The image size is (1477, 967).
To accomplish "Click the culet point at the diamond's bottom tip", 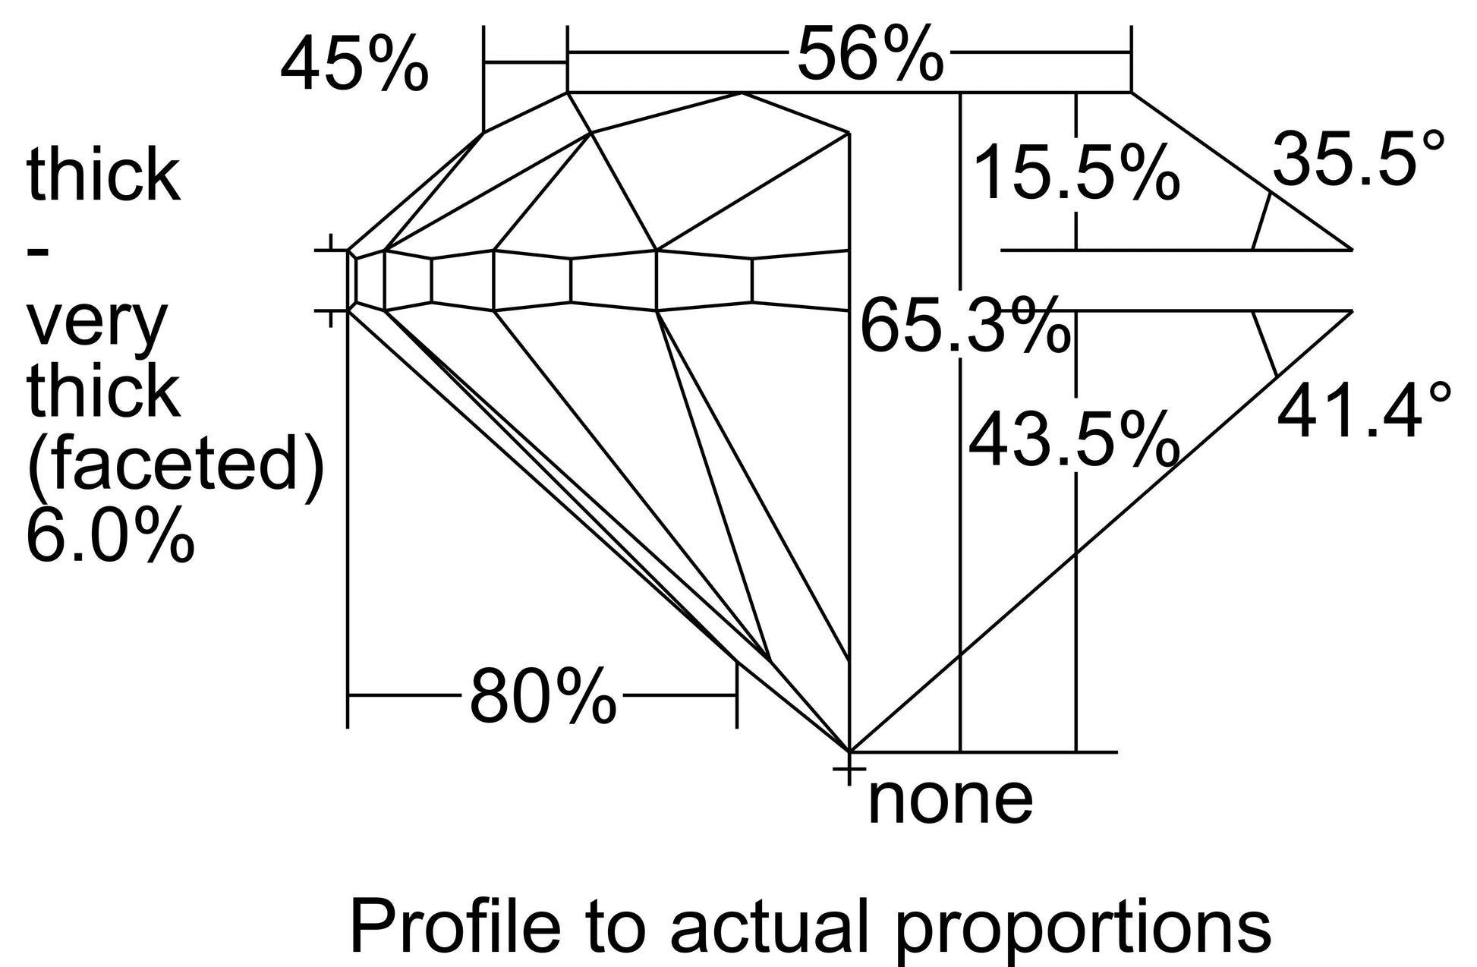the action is click(x=848, y=751).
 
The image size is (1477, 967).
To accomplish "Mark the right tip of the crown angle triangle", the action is click(x=1352, y=249).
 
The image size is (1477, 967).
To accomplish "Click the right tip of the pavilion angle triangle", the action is click(x=1352, y=310).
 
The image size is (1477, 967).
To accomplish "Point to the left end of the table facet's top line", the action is click(x=567, y=93).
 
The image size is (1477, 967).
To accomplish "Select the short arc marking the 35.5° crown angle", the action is click(x=1261, y=221).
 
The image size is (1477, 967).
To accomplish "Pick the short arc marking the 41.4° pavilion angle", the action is click(x=1264, y=342).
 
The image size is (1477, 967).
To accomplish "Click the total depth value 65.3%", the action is click(x=965, y=326).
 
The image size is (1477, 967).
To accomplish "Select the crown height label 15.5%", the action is click(x=1075, y=175).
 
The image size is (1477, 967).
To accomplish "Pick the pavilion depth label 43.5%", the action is click(x=1073, y=439).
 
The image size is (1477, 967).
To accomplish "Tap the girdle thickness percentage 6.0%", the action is click(x=111, y=534).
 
